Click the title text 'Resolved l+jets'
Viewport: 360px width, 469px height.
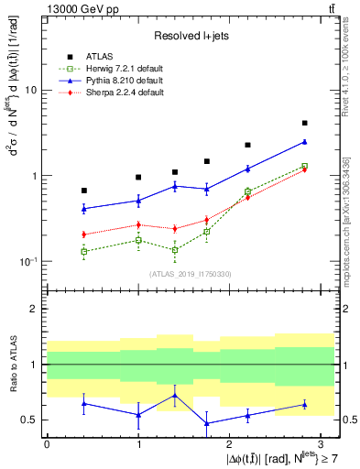pos(191,33)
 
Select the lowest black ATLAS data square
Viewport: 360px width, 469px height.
pos(83,191)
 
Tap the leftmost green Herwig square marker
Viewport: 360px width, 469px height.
pos(83,251)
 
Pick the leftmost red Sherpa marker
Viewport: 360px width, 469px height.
pos(83,234)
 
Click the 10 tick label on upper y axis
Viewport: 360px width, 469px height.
pos(30,91)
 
